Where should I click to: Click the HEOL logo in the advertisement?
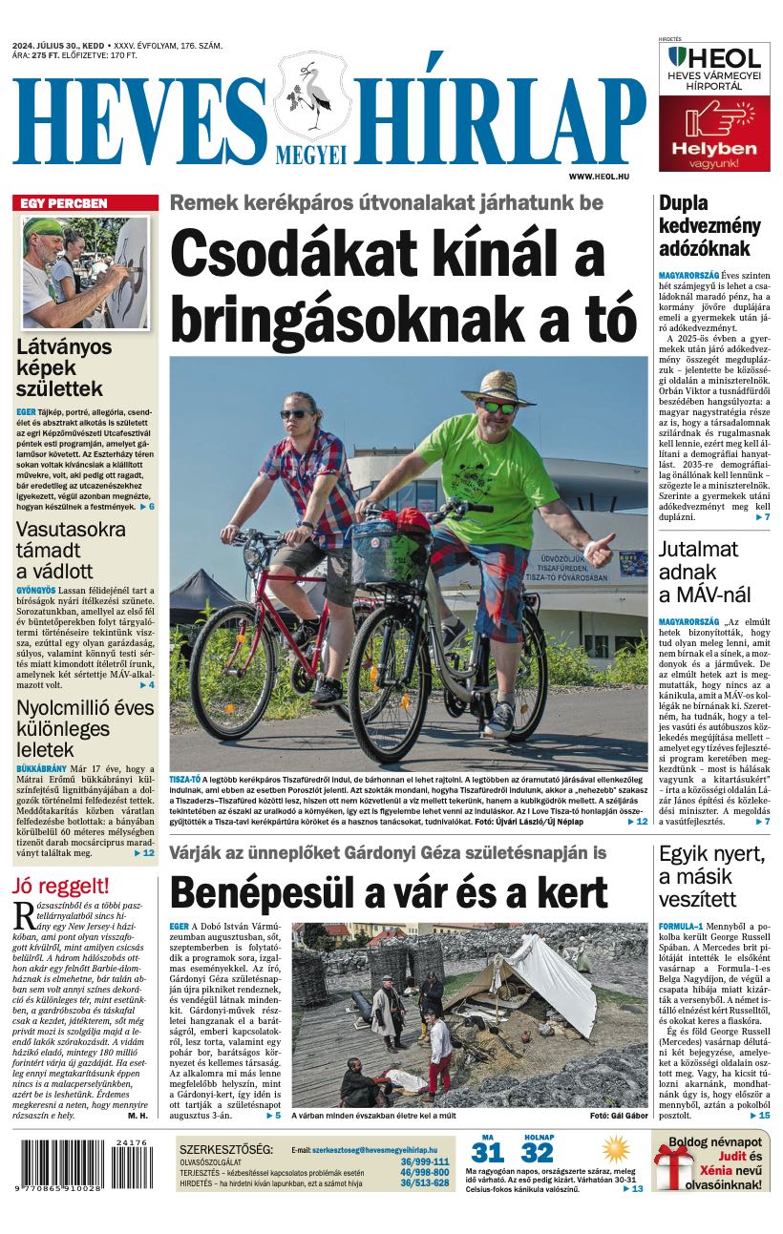click(714, 57)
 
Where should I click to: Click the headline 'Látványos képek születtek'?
click(65, 367)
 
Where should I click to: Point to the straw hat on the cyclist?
click(497, 386)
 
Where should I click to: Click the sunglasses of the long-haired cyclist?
click(296, 414)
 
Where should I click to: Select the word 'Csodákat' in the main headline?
click(277, 257)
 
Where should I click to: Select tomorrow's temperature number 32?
click(538, 1153)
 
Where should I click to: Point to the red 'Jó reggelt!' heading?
click(61, 885)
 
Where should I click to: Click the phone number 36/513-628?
click(425, 1183)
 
